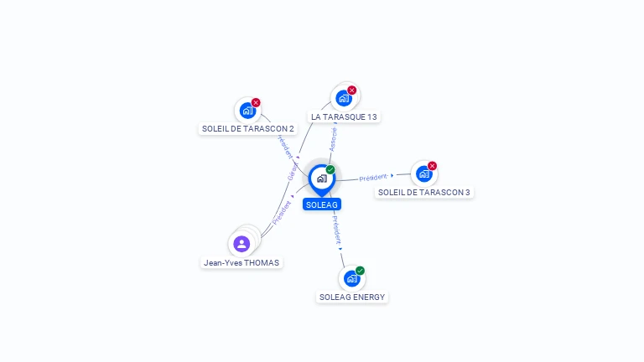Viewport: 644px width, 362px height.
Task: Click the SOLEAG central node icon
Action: [x=321, y=178]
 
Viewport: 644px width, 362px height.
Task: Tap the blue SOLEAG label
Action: [x=322, y=204]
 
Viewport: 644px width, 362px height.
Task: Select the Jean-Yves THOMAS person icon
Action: [x=241, y=244]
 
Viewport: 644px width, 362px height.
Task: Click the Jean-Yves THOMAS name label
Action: [x=241, y=262]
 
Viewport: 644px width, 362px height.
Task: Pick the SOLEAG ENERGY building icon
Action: [x=351, y=278]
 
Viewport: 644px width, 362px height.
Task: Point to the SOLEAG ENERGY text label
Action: [x=352, y=297]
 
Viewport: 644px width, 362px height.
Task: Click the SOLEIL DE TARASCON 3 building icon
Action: [x=423, y=173]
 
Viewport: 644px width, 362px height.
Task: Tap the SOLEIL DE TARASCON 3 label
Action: [x=424, y=192]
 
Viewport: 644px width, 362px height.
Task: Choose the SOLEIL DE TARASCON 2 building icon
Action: [x=247, y=110]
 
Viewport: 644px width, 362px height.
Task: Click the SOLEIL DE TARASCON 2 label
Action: [x=248, y=128]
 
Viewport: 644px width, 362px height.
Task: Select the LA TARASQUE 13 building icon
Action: [x=344, y=98]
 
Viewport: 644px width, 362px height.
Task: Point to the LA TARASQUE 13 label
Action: [x=344, y=116]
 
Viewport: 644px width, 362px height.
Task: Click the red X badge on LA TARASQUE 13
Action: [x=352, y=90]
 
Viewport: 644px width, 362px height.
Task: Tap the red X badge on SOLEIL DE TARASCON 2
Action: [x=256, y=102]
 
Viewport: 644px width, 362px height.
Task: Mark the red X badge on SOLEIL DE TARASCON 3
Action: [x=432, y=166]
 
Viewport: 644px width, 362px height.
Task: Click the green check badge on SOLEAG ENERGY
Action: [x=360, y=271]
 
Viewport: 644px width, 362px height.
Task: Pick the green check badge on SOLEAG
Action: [x=330, y=170]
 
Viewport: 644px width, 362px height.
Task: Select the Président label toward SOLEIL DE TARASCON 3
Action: [x=373, y=177]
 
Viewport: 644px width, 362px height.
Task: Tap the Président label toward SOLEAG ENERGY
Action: [x=335, y=229]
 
